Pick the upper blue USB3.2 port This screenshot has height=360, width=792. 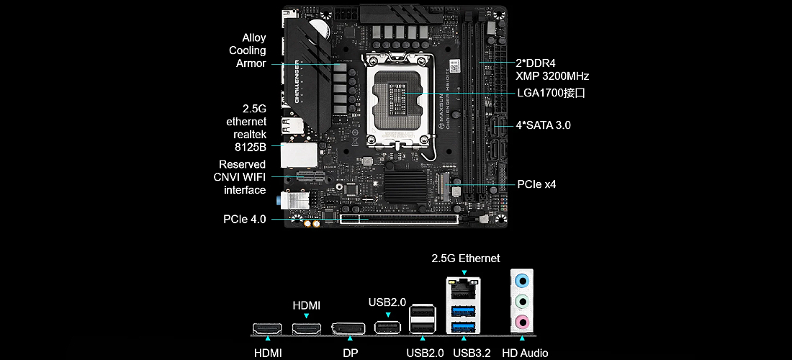464,310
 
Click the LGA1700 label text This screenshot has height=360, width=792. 551,94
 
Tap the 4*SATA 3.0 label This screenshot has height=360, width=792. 544,125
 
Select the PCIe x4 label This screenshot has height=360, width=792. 536,184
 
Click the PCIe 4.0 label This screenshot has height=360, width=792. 245,220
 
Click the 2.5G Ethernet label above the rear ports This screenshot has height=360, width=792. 466,258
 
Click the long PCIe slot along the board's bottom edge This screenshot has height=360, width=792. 400,220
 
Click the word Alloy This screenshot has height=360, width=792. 254,38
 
